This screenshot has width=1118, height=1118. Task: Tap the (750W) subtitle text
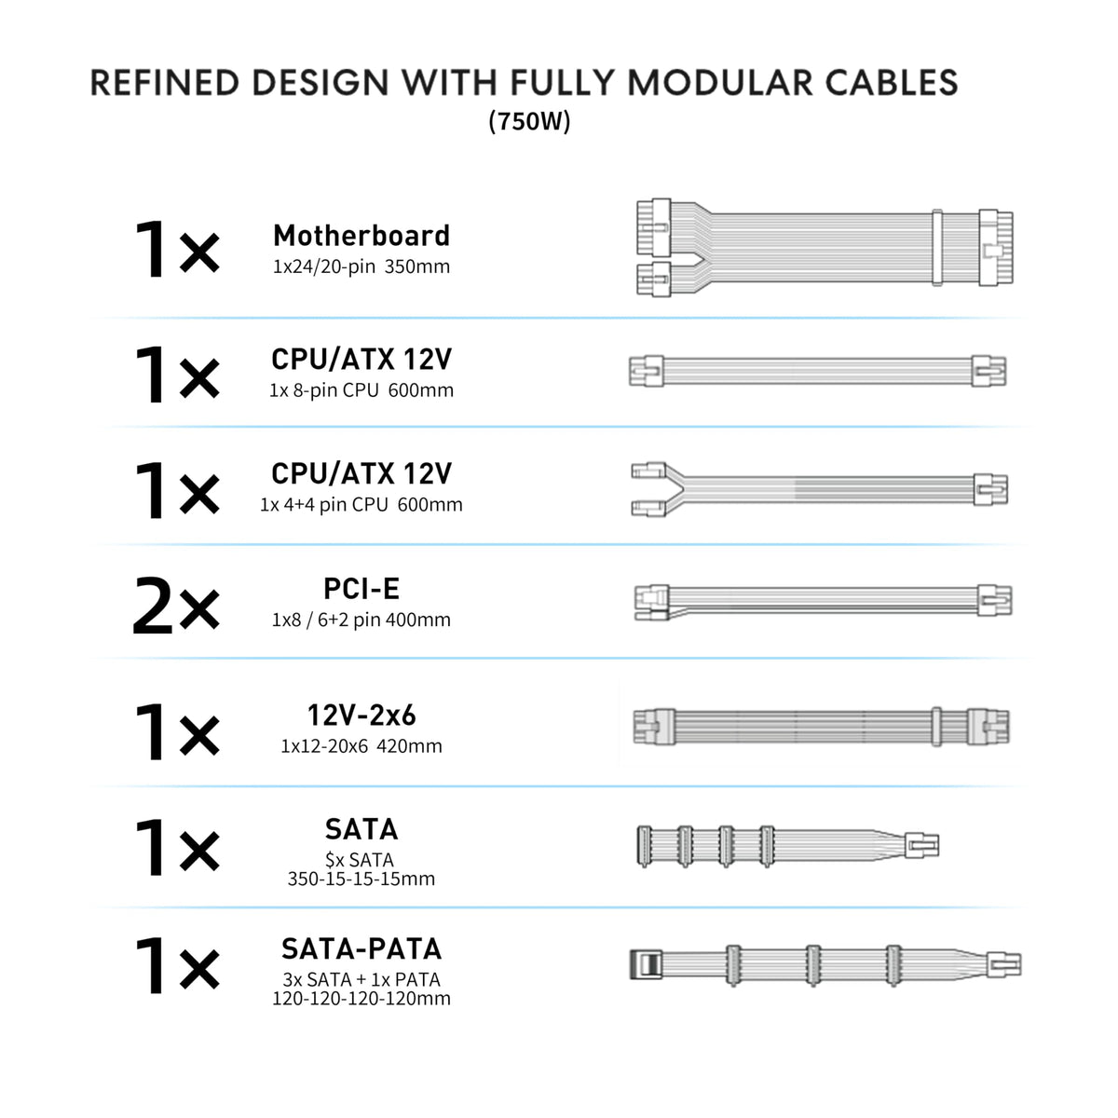[529, 121]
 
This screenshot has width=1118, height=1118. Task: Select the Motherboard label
[361, 236]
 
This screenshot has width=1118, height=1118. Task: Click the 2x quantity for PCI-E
[176, 606]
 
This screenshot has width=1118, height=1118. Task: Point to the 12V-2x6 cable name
[361, 715]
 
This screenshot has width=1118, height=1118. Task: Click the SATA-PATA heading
[361, 949]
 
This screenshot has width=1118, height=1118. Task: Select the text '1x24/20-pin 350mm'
[361, 266]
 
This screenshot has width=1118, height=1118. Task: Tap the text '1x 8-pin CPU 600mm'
[361, 389]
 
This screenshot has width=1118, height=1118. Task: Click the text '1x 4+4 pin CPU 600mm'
[361, 505]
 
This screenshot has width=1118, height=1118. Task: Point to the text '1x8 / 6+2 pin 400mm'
[361, 620]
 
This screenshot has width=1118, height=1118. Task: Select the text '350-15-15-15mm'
[361, 879]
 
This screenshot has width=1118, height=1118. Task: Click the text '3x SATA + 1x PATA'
[361, 979]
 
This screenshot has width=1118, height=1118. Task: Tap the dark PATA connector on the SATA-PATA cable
[645, 965]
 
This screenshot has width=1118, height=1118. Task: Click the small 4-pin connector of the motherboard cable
[654, 279]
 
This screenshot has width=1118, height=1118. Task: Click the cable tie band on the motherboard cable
[937, 248]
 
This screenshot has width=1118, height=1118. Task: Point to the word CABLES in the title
[892, 82]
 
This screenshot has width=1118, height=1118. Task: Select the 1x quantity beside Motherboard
[176, 250]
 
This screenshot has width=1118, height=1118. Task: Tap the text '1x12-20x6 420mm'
[361, 745]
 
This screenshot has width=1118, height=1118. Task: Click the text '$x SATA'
[360, 859]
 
